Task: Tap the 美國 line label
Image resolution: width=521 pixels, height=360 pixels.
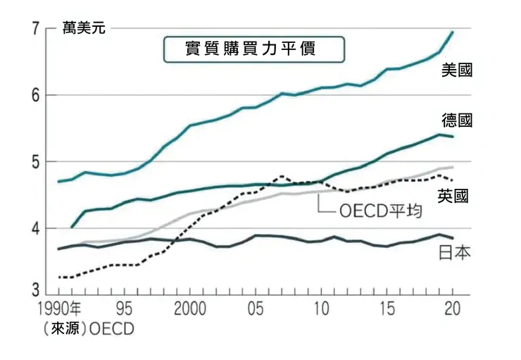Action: pos(457,70)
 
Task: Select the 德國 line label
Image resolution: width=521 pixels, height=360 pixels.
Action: pos(457,120)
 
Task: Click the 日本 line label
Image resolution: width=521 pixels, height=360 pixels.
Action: pos(454,252)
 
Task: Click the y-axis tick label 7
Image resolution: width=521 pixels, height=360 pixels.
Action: pos(35,29)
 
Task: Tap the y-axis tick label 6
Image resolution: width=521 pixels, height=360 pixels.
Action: pos(35,96)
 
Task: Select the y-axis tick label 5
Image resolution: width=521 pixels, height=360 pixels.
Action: pos(35,162)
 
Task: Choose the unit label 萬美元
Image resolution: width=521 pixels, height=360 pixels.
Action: pos(84,29)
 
